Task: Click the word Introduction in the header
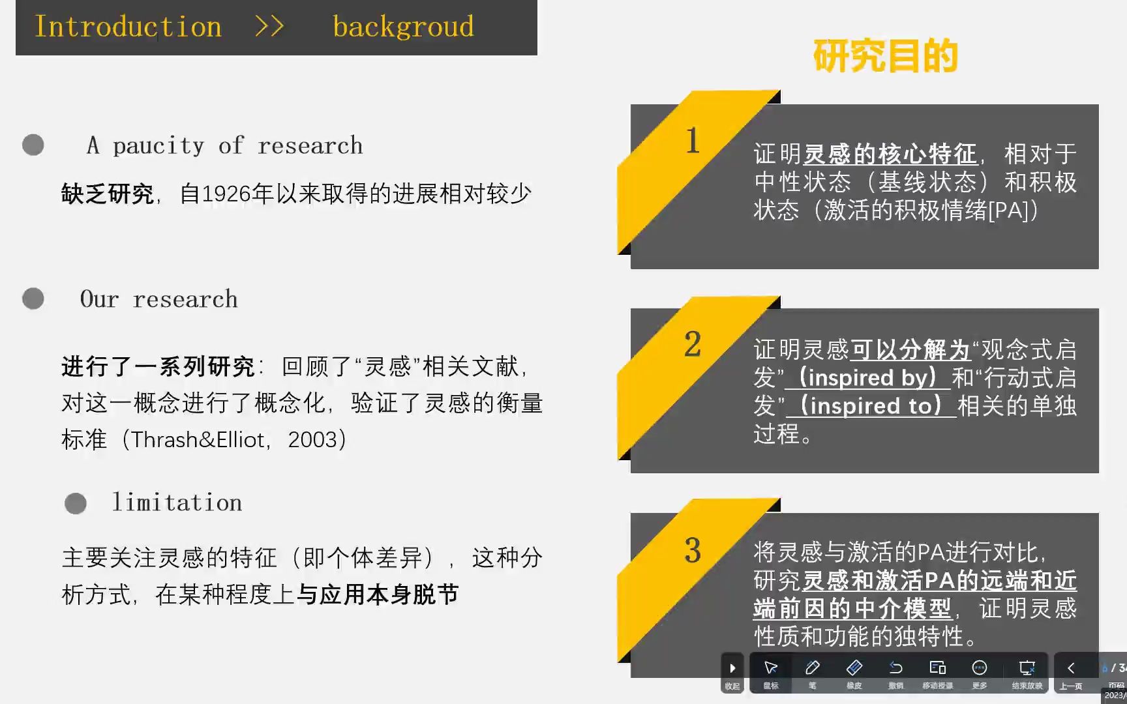(x=128, y=27)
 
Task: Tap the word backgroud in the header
(x=403, y=27)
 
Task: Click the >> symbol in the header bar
(x=269, y=27)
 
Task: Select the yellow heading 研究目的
(x=885, y=56)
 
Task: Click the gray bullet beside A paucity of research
(x=33, y=145)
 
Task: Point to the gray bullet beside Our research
(x=33, y=299)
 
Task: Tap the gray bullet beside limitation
(x=76, y=503)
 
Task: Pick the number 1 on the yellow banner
(x=693, y=141)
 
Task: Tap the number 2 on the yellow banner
(x=693, y=344)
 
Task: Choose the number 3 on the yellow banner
(x=693, y=551)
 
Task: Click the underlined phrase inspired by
(x=867, y=378)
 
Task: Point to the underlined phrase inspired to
(x=871, y=406)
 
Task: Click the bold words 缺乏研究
(x=108, y=194)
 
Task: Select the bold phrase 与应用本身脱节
(x=378, y=594)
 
